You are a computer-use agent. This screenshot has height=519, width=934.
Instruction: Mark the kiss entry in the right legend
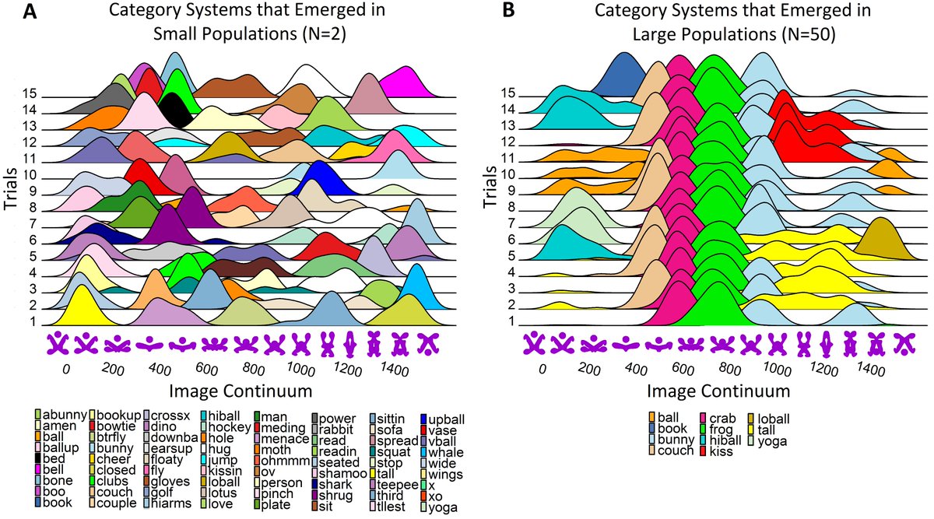pos(723,451)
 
